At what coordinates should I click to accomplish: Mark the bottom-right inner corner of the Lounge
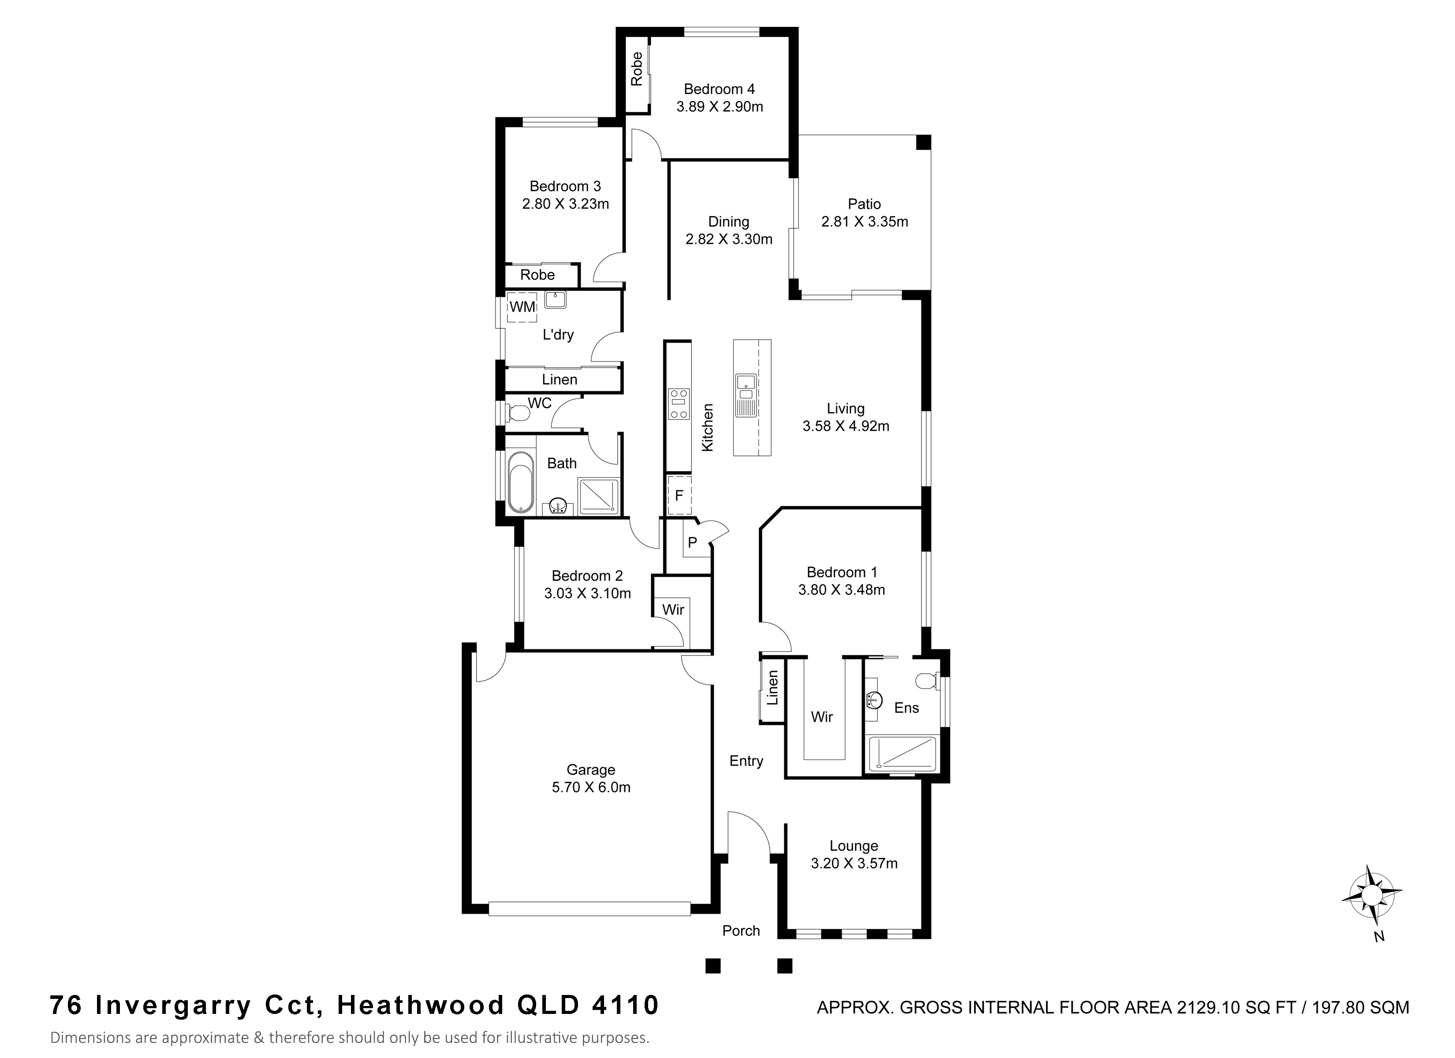(x=922, y=930)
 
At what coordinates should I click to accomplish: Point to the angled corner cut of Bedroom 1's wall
(x=771, y=518)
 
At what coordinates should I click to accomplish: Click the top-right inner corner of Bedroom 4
(x=788, y=37)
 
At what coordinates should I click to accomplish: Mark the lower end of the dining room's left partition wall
(x=670, y=299)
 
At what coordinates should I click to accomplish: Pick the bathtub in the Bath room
(x=520, y=482)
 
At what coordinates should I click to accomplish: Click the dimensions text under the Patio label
(x=865, y=222)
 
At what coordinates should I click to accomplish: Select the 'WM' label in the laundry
(x=522, y=307)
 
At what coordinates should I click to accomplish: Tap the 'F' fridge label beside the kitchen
(x=679, y=496)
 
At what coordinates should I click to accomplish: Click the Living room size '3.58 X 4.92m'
(x=846, y=426)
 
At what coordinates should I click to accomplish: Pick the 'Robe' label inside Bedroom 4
(x=636, y=69)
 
